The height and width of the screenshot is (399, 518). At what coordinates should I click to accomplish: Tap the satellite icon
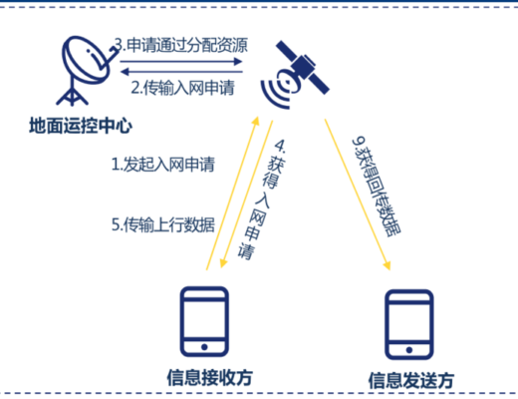tap(296, 75)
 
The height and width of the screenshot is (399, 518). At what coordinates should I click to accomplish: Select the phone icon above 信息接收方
tap(204, 321)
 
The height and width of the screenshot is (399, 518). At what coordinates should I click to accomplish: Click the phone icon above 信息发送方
tap(409, 324)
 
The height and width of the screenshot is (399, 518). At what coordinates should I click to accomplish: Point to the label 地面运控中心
tap(81, 126)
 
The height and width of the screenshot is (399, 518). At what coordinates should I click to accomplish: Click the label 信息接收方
tap(209, 378)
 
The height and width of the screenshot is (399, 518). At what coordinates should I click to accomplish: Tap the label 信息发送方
tap(411, 380)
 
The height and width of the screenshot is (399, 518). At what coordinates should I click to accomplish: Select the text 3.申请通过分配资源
tap(181, 45)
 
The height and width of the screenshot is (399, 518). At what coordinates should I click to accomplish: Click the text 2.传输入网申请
tap(182, 88)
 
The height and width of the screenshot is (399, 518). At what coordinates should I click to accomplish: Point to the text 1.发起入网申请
tap(163, 165)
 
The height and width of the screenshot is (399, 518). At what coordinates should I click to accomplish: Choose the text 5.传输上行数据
tap(163, 224)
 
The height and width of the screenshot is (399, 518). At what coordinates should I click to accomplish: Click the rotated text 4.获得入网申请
tap(262, 199)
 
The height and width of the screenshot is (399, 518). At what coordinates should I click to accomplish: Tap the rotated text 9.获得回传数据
tap(377, 187)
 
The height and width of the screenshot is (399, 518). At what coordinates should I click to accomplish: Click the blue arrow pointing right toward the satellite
tap(181, 62)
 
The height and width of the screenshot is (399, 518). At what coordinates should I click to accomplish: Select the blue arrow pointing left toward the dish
tap(181, 72)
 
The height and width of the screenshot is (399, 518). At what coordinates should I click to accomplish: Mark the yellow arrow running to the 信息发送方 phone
tap(358, 195)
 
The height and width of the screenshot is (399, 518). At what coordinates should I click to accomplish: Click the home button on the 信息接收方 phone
tap(204, 347)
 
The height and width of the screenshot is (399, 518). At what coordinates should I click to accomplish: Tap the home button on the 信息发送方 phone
tap(409, 350)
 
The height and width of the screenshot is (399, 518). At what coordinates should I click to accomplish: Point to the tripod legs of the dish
tap(72, 95)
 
